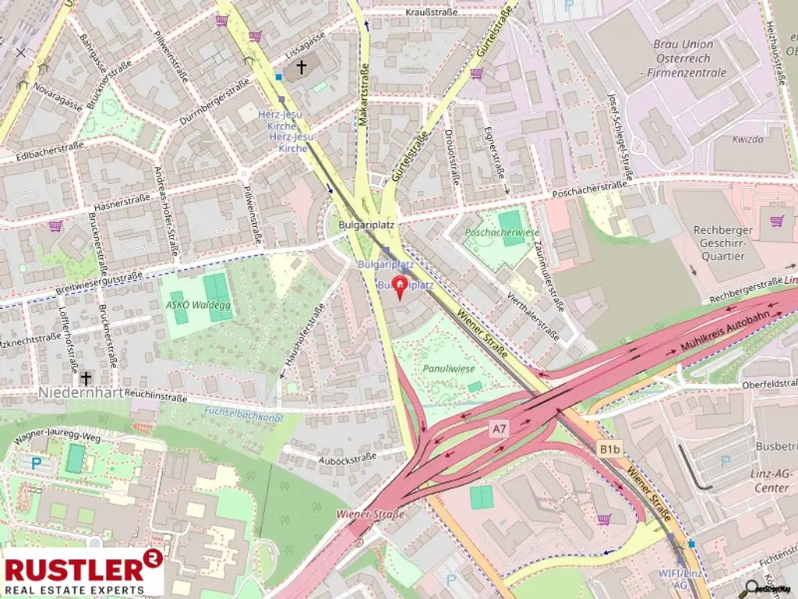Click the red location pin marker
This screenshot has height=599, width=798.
[399, 285]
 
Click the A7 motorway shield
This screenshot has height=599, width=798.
[500, 428]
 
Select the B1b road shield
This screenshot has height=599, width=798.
[609, 449]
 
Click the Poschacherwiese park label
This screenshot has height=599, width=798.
[502, 232]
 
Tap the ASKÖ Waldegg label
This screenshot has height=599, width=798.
[196, 282]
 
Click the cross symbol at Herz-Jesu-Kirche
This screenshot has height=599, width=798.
[302, 69]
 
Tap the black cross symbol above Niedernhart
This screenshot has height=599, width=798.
[86, 378]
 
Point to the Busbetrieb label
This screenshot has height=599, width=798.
[775, 445]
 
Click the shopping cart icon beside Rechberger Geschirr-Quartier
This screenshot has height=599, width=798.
[776, 221]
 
